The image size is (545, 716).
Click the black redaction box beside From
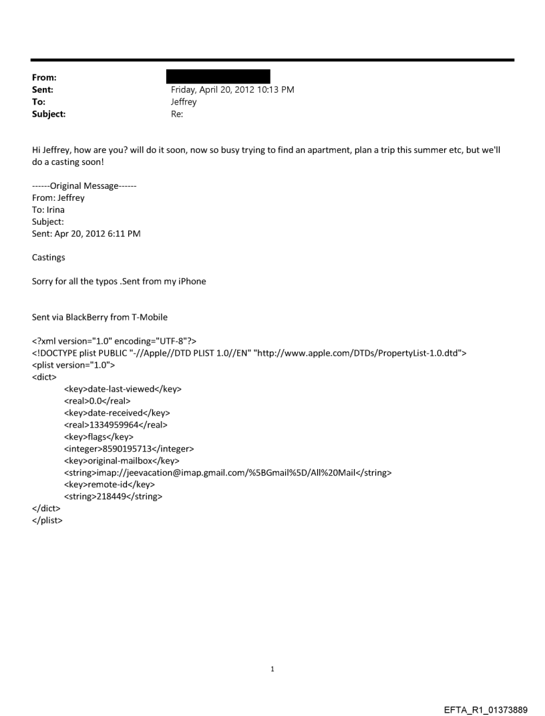(x=220, y=76)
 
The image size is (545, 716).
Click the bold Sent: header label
(x=43, y=89)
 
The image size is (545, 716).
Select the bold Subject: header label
(x=49, y=114)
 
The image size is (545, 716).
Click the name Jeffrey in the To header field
(x=184, y=102)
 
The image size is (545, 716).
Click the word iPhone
(x=190, y=282)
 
